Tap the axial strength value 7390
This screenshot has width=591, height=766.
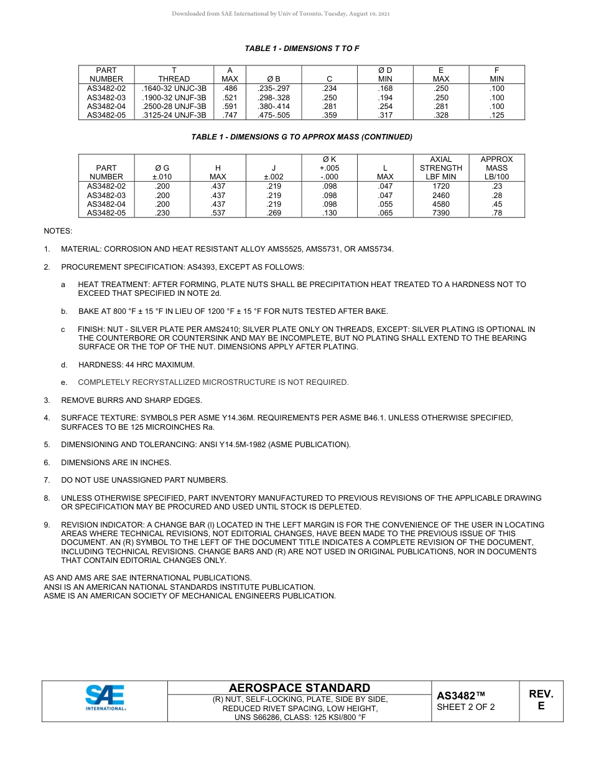tap(440, 213)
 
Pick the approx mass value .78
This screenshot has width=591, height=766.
tap(496, 213)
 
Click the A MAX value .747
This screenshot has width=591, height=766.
tap(230, 115)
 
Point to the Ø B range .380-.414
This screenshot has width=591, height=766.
tap(274, 106)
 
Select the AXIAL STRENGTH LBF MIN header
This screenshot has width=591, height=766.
tap(440, 168)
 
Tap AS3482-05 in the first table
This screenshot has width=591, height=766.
tap(106, 115)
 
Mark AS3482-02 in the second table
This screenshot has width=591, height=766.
tap(106, 186)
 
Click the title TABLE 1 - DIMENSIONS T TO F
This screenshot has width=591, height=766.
tap(302, 49)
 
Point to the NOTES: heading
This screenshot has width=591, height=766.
tap(58, 231)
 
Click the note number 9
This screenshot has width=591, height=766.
tap(47, 525)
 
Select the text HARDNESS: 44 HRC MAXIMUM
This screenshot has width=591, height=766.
tap(136, 364)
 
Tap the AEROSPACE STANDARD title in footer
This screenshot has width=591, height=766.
tap(299, 688)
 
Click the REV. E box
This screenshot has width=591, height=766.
tap(541, 700)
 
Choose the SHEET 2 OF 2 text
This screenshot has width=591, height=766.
tap(466, 707)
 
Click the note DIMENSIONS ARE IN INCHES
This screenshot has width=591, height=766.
tap(116, 463)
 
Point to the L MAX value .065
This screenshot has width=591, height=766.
tap(385, 213)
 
